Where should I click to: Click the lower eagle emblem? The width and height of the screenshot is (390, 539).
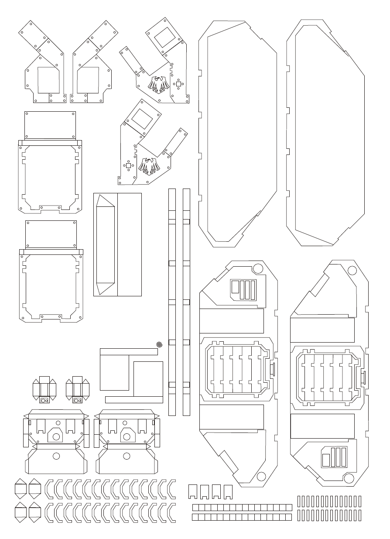(149, 166)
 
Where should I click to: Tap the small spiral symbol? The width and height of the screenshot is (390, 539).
(159, 345)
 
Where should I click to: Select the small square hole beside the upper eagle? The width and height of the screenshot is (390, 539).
(178, 84)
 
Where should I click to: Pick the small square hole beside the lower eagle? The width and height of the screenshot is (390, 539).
(128, 165)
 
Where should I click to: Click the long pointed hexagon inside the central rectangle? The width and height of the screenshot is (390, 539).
(105, 244)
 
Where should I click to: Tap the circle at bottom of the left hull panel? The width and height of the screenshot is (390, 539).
(261, 476)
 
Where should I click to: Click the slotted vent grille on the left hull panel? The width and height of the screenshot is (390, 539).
(243, 289)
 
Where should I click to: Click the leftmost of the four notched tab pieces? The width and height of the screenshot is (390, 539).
(193, 491)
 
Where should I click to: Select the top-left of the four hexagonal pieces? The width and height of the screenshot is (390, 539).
(20, 488)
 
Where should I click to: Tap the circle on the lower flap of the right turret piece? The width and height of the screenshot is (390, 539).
(127, 456)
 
